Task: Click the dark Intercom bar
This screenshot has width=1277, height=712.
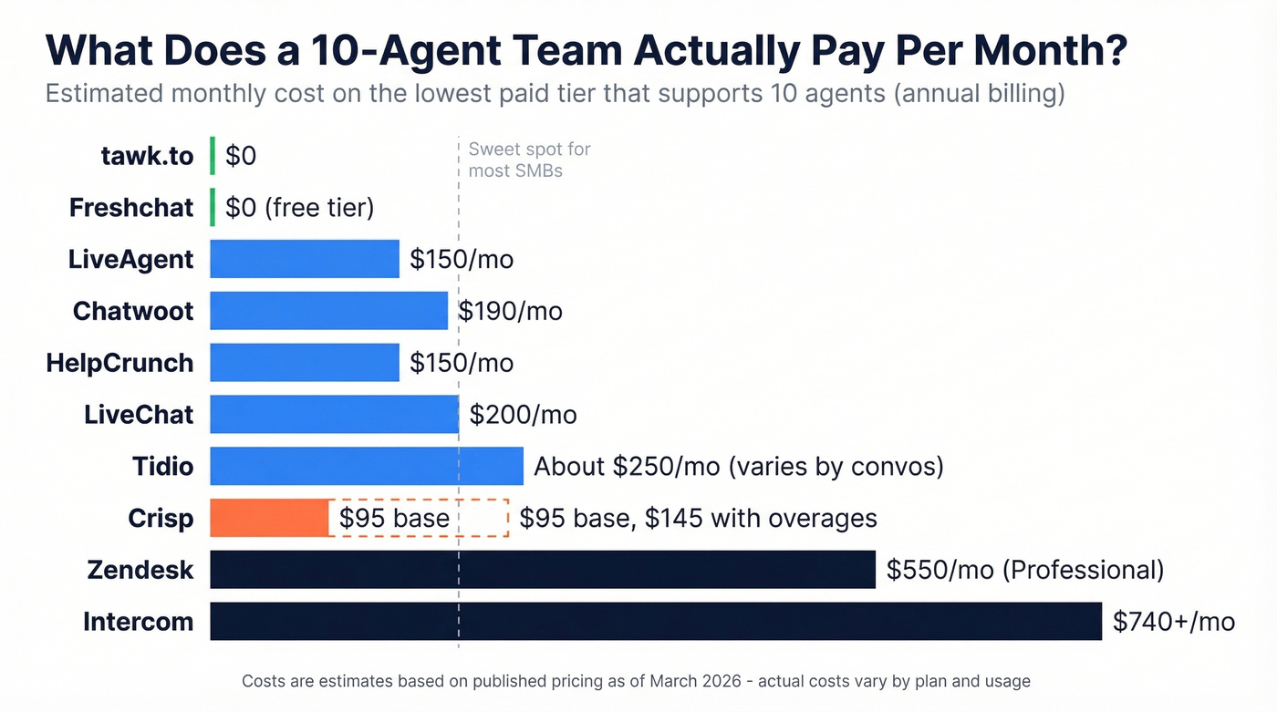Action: [x=655, y=621]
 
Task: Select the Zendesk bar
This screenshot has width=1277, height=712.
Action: [x=542, y=570]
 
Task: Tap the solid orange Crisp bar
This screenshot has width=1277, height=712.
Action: [x=269, y=518]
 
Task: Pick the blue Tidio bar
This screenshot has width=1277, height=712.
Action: [x=366, y=466]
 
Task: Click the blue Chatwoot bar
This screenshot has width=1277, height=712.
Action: [x=328, y=311]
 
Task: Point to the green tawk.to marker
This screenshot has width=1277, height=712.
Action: [x=213, y=156]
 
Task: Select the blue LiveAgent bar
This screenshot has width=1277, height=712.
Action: [x=304, y=259]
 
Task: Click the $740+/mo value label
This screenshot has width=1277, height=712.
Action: [x=1173, y=622]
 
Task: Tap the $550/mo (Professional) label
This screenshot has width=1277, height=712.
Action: [x=1024, y=570]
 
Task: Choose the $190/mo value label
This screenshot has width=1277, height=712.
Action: [x=510, y=311]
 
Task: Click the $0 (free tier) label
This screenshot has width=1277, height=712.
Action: [x=299, y=208]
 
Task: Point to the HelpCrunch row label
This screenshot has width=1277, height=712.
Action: [x=119, y=363]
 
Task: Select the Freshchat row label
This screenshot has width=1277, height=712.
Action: [x=131, y=208]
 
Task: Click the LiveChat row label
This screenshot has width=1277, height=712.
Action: [x=139, y=415]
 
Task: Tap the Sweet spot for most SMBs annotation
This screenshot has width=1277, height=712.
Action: [x=529, y=160]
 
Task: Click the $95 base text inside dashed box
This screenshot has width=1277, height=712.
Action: [x=394, y=518]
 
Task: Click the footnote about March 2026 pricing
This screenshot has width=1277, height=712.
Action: [x=636, y=681]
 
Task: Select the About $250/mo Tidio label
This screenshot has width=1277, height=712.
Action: [x=738, y=467]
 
